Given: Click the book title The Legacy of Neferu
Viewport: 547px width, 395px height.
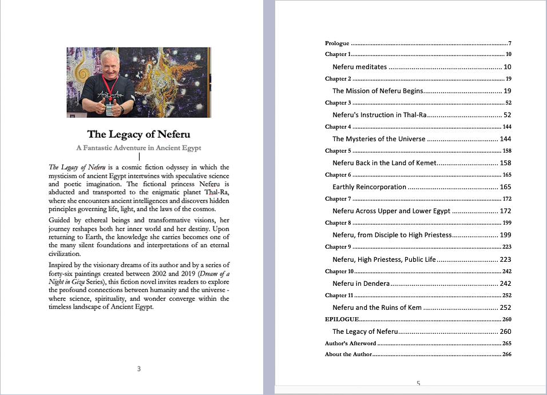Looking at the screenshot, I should (x=138, y=134).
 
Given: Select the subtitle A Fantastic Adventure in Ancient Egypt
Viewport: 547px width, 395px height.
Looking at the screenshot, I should (x=138, y=147).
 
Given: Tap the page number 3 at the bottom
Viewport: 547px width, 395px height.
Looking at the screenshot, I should (x=138, y=369).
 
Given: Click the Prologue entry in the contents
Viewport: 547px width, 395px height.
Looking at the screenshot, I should (x=337, y=43).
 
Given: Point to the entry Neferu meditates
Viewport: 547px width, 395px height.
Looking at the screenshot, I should (x=359, y=67).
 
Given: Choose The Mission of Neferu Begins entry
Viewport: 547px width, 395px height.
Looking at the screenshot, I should (x=378, y=91).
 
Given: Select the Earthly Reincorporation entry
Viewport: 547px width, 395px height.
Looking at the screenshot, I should (x=369, y=187).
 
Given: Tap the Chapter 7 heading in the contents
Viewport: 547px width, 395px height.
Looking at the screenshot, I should (x=337, y=199).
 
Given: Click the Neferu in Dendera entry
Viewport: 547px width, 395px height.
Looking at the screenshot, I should (x=361, y=284).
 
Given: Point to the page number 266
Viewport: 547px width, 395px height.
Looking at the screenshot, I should (x=506, y=354).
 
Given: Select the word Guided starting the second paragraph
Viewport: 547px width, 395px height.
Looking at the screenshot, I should (x=61, y=220).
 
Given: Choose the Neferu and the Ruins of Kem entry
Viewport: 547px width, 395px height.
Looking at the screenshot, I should (x=377, y=308).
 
